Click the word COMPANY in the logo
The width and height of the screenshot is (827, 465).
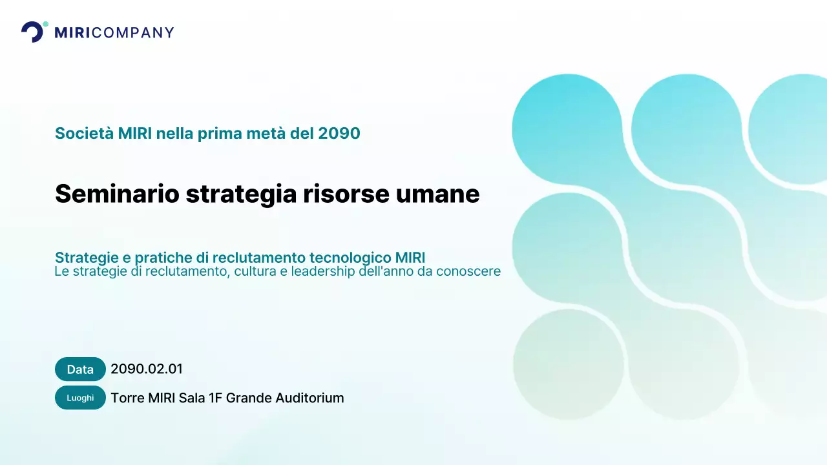click(x=133, y=32)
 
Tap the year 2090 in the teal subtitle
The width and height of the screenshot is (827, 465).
click(x=339, y=134)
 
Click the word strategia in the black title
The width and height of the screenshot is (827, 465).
click(x=240, y=194)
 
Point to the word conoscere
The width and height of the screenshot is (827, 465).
click(x=468, y=271)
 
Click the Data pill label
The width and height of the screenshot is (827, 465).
click(x=80, y=369)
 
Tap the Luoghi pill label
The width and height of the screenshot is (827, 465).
click(x=80, y=398)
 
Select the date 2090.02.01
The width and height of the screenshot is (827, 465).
click(x=147, y=369)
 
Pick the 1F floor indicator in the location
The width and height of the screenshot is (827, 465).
click(x=216, y=398)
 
